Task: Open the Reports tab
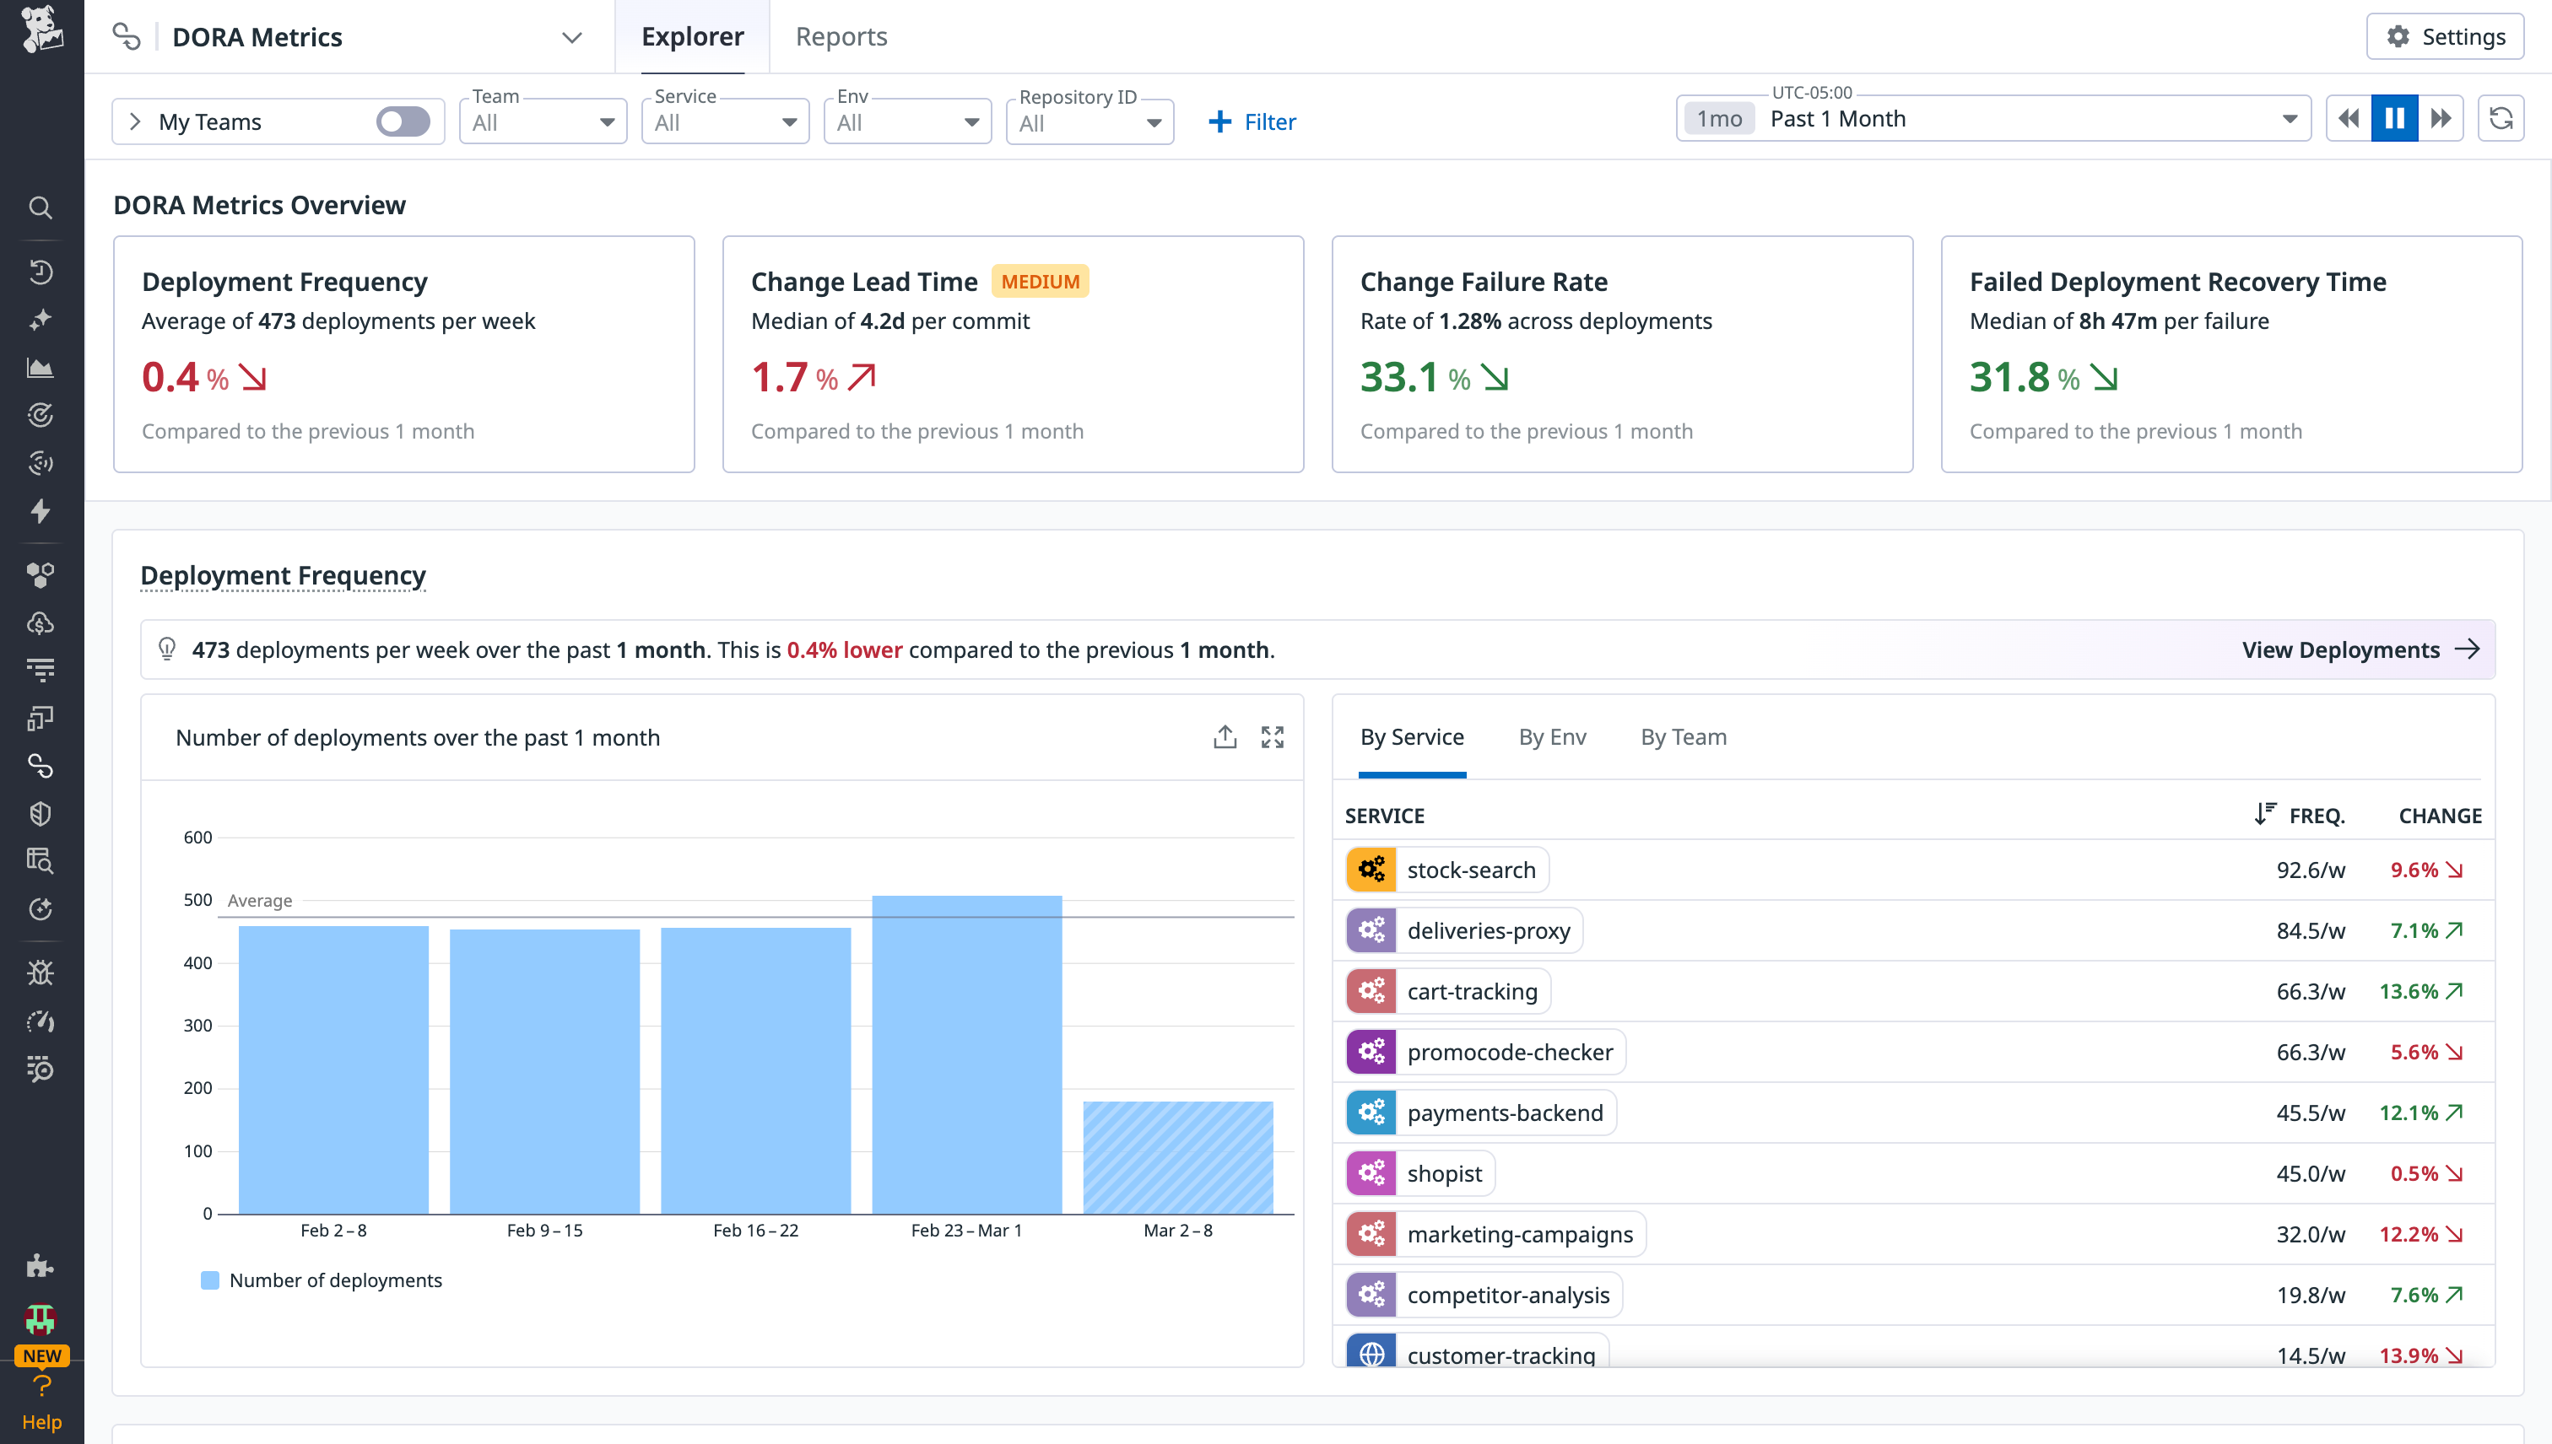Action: click(x=841, y=37)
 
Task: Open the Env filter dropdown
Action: click(x=907, y=122)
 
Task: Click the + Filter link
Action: click(x=1252, y=122)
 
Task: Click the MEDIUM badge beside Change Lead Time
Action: click(x=1039, y=282)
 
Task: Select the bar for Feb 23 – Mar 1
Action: click(x=966, y=1054)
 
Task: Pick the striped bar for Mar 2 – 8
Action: click(x=1178, y=1157)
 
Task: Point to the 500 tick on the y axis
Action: click(x=197, y=899)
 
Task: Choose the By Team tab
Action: click(x=1683, y=737)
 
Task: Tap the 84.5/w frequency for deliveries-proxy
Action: click(x=2310, y=930)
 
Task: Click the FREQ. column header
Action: click(x=2316, y=816)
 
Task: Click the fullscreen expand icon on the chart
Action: click(x=1272, y=737)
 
